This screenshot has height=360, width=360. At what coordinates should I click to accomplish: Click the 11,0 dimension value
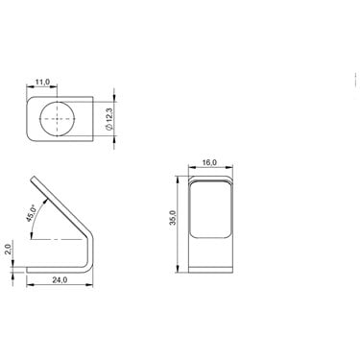coord(42,83)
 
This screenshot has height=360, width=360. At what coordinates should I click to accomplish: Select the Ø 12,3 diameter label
coord(109,119)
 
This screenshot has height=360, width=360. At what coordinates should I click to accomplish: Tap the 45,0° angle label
coord(32,213)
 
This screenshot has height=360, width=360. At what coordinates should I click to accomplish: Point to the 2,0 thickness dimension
coord(9,250)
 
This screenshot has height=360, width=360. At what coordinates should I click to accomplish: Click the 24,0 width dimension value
coord(60,279)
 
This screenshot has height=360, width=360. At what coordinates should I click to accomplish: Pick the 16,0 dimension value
coord(209,162)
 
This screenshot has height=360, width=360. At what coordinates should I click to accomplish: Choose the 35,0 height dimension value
coord(173,218)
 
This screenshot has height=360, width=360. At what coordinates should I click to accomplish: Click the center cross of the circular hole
coord(58,119)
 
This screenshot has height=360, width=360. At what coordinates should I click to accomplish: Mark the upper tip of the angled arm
coord(33,177)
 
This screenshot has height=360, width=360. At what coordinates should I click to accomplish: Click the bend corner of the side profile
coord(89,267)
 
